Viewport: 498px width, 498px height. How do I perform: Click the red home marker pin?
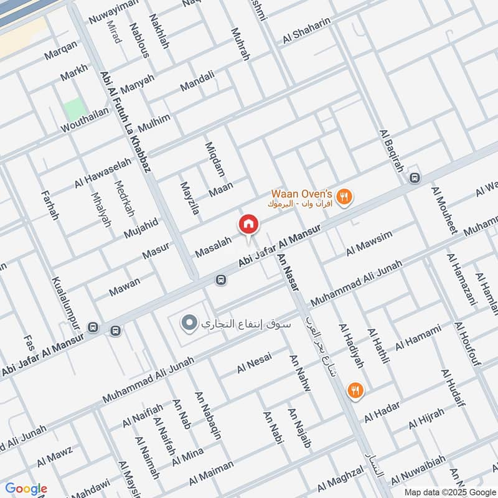[248, 224]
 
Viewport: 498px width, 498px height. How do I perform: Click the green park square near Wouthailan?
[73, 110]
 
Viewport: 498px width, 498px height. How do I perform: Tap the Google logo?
[26, 489]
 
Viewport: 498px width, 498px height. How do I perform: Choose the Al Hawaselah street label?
[103, 173]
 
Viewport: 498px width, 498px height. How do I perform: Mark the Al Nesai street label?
[254, 364]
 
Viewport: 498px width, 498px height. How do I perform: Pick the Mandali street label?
[197, 83]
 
